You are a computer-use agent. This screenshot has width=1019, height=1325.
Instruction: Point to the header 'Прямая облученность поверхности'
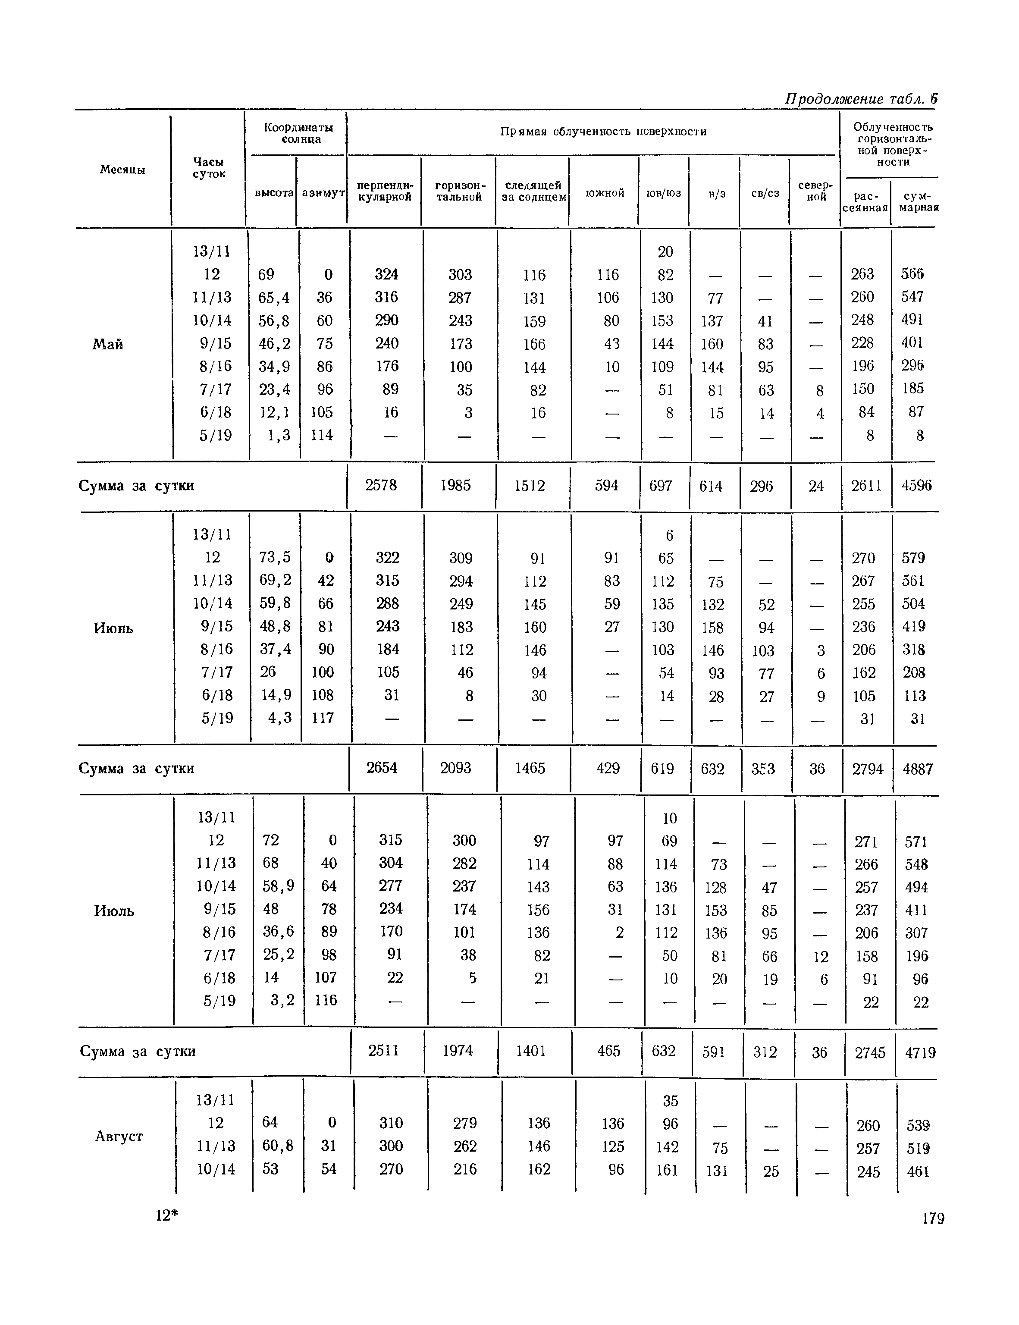(x=604, y=132)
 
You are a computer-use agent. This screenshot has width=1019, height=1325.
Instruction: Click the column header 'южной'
(x=605, y=193)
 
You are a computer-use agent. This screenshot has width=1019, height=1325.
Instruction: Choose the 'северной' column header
(x=816, y=191)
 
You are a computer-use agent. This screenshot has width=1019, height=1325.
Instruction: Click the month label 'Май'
(x=108, y=345)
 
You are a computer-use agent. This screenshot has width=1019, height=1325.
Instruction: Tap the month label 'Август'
(x=119, y=1137)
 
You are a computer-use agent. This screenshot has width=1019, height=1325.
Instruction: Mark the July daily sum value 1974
(x=458, y=1051)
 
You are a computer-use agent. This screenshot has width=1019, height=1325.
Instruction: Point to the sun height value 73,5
(x=275, y=557)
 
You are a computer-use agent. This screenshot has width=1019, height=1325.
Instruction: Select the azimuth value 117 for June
(x=323, y=718)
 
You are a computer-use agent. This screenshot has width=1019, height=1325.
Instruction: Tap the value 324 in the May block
(x=386, y=274)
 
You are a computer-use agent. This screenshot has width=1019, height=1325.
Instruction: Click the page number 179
(x=933, y=1219)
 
